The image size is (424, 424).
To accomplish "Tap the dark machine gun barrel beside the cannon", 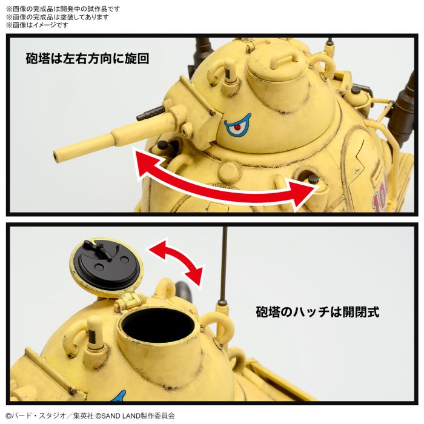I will pos(151,113).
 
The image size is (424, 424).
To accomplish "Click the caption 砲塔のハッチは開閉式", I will pos(317,313).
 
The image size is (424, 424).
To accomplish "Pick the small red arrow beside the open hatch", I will pos(176,260).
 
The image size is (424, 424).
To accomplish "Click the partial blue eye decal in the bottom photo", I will pos(118,397).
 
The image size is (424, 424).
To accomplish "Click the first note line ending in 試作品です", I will pos(64,8).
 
